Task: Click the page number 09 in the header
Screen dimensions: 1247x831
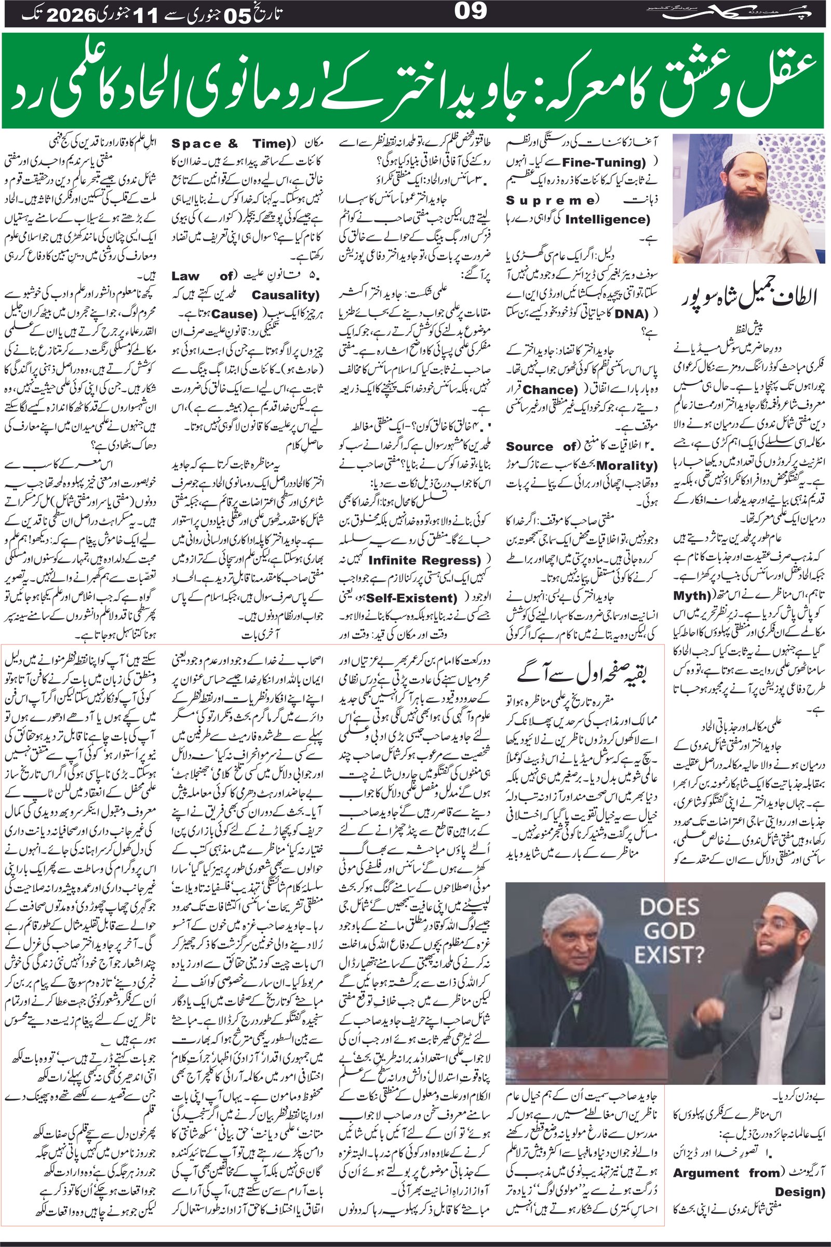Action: (471, 11)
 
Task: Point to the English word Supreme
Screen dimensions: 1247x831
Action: (552, 200)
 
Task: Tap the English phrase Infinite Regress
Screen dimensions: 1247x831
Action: (424, 560)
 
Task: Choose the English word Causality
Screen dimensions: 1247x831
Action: (286, 295)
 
